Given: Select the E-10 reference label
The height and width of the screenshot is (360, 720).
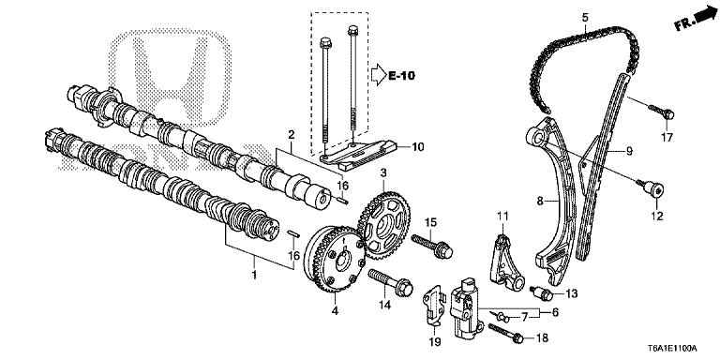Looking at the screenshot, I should tap(400, 76).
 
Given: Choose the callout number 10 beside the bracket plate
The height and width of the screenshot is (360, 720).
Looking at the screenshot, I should tap(418, 146).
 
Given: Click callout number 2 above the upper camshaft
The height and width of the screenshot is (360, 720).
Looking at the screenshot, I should tap(292, 135).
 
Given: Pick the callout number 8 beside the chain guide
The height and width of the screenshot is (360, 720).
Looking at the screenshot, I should tap(540, 200).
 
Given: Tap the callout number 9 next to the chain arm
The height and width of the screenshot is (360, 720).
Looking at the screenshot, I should tap(630, 150).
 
